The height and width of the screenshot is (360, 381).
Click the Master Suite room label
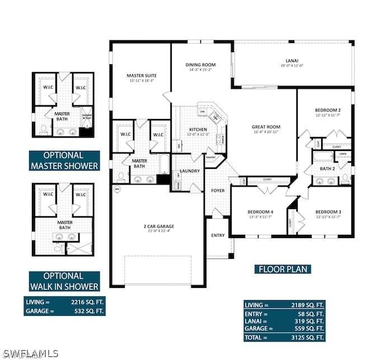[x=141, y=75]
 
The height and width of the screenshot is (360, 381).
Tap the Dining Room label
[x=201, y=65]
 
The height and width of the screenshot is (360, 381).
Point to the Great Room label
[x=265, y=127]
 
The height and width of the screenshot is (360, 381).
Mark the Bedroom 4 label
[x=261, y=211]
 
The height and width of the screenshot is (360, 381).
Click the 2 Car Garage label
[x=158, y=226]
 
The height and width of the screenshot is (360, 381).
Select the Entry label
[x=218, y=235]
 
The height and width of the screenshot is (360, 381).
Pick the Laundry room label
[x=190, y=170]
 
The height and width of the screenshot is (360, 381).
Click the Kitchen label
[x=197, y=129]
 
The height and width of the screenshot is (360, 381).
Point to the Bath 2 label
[x=327, y=168]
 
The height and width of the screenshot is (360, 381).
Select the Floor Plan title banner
[x=283, y=269]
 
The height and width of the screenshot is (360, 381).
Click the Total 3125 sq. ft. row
[x=284, y=338]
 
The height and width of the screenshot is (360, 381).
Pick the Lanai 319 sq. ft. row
[x=284, y=321]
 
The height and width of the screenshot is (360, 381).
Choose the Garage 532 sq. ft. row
[x=64, y=310]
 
